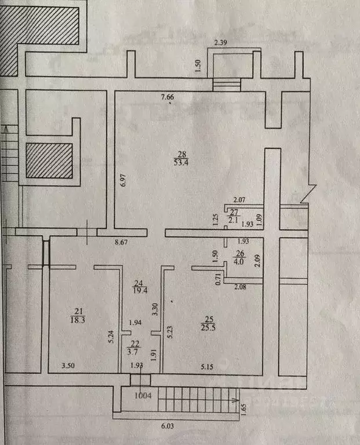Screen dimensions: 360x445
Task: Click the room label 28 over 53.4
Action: pyautogui.click(x=183, y=158)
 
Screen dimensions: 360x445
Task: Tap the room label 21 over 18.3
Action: pyautogui.click(x=78, y=316)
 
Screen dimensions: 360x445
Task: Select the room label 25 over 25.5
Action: pyautogui.click(x=208, y=323)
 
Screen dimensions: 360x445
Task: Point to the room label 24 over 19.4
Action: pyautogui.click(x=140, y=287)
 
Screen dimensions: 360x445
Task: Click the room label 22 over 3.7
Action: pyautogui.click(x=134, y=348)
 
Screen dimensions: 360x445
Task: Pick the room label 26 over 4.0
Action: pyautogui.click(x=239, y=257)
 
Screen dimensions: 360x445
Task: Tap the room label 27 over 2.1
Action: pyautogui.click(x=234, y=216)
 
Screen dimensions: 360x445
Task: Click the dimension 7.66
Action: pyautogui.click(x=168, y=97)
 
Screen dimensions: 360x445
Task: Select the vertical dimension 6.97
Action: pyautogui.click(x=123, y=180)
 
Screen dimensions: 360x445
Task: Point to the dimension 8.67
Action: pyautogui.click(x=121, y=242)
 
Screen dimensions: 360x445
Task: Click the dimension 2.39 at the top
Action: pyautogui.click(x=220, y=43)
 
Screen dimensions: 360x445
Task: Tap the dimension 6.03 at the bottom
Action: pyautogui.click(x=168, y=426)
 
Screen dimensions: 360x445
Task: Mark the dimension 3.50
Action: pyautogui.click(x=68, y=366)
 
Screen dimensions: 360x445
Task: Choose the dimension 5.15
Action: pyautogui.click(x=207, y=367)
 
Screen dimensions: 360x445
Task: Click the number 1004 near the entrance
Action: pyautogui.click(x=143, y=395)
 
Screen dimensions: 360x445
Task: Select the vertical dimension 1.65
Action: pyautogui.click(x=244, y=410)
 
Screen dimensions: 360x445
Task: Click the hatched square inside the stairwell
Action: pyautogui.click(x=49, y=161)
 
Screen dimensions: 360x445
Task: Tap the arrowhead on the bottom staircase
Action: pyautogui.click(x=235, y=400)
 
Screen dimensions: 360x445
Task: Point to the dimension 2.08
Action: pyautogui.click(x=240, y=287)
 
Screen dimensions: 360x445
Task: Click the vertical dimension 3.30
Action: pyautogui.click(x=155, y=309)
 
